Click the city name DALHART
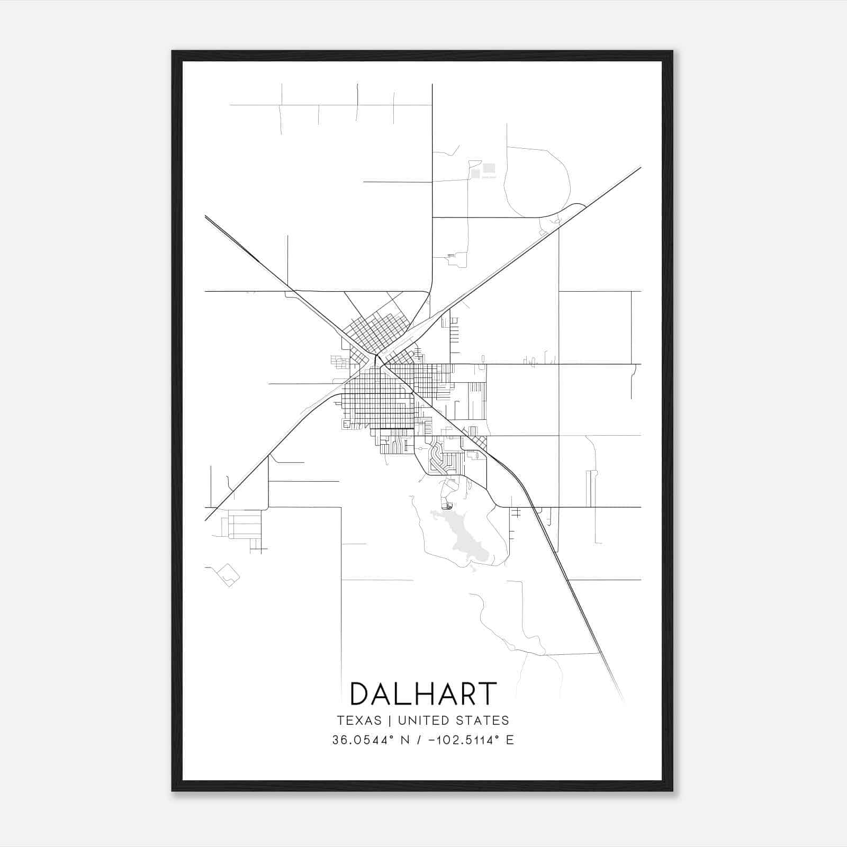[423, 693]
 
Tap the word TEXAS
[359, 720]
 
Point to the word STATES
[486, 720]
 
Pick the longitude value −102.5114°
[463, 740]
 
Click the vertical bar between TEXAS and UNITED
[390, 720]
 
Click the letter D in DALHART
[362, 693]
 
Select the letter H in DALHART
[424, 693]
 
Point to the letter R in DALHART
[466, 693]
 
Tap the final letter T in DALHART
[488, 693]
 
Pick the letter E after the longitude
[510, 740]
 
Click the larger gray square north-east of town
[489, 168]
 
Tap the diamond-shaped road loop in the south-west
[228, 574]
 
